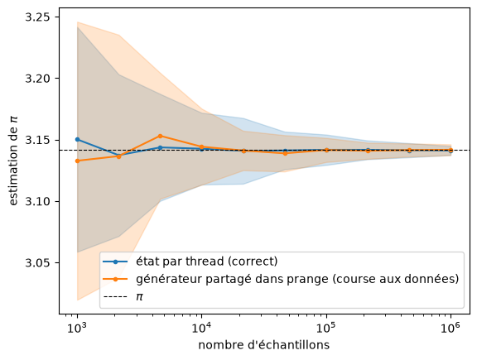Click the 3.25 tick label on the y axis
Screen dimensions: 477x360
coord(38,17)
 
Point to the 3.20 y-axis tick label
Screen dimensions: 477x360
coord(38,79)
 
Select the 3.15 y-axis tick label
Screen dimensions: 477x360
coord(38,140)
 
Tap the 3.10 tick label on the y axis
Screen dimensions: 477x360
coord(38,202)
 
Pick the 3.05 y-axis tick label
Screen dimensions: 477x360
coord(38,263)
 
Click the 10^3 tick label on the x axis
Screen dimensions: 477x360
coord(77,328)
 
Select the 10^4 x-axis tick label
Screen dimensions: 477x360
coord(202,328)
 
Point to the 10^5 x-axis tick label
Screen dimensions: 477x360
coord(326,328)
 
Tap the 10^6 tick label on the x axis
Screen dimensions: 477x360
coord(450,328)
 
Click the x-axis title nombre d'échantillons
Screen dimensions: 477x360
coord(263,345)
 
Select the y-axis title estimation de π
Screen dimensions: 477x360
coord(13,161)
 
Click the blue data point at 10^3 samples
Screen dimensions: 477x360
coord(77,139)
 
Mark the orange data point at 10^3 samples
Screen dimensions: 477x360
coord(77,161)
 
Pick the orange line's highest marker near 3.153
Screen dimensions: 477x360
coord(160,136)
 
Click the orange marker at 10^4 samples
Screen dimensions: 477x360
coord(202,147)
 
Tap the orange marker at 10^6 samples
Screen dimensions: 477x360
coord(450,150)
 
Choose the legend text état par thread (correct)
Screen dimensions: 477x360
coord(206,262)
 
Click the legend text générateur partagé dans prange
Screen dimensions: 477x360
coord(232,279)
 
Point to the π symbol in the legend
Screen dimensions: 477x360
coord(139,297)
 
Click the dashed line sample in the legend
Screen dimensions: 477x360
coord(115,297)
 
